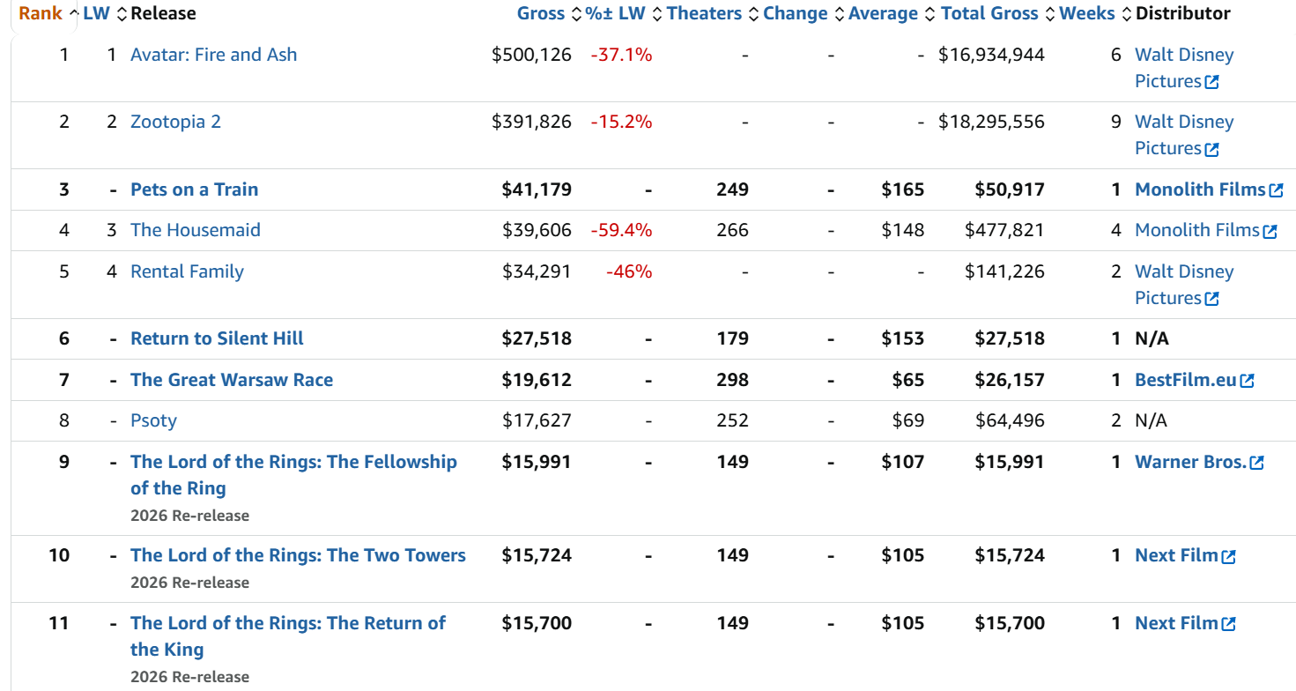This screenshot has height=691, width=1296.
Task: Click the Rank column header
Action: tap(41, 13)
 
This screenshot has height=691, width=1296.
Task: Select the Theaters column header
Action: tap(704, 13)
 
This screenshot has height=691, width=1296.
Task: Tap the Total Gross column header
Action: tap(989, 13)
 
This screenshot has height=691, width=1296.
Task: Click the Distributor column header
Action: tap(1182, 13)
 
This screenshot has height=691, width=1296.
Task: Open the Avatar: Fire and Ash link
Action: tap(213, 55)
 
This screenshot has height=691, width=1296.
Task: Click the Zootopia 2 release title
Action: tap(175, 122)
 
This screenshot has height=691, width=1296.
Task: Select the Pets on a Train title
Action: tap(194, 189)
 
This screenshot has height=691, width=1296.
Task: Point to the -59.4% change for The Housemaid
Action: tap(621, 230)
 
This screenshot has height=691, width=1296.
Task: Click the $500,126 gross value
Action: tap(531, 55)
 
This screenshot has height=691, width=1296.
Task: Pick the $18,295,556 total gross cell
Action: tap(991, 122)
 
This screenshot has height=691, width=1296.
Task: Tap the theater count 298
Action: tap(732, 380)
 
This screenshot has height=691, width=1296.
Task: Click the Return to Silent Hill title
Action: tap(217, 338)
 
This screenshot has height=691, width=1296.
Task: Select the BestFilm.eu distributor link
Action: tap(1186, 380)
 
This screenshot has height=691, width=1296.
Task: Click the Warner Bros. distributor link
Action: tap(1190, 462)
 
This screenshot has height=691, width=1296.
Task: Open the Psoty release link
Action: tap(153, 420)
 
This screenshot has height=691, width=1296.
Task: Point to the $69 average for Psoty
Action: tap(907, 420)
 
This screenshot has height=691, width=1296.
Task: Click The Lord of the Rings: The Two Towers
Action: tap(298, 555)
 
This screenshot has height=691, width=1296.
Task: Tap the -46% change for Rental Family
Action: tap(629, 271)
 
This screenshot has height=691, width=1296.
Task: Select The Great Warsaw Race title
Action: tap(232, 380)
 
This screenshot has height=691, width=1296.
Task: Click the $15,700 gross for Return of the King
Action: tap(537, 623)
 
